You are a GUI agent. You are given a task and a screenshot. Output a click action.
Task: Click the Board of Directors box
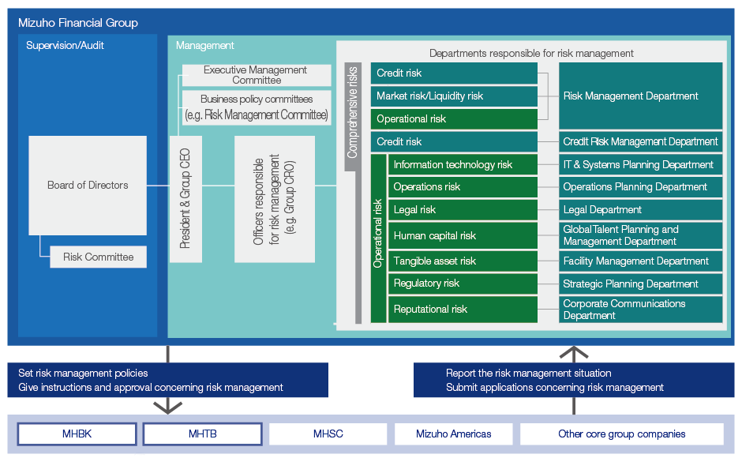coord(88,186)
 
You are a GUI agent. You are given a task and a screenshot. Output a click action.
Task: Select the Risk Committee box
coord(99,257)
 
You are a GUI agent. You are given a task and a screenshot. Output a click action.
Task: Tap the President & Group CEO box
coord(185,199)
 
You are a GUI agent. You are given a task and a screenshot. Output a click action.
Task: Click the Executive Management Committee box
coord(256,75)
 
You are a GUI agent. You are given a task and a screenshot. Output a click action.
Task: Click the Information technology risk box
coord(463,165)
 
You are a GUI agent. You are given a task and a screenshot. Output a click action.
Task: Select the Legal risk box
coord(463,210)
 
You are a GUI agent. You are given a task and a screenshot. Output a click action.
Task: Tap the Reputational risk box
coord(463,310)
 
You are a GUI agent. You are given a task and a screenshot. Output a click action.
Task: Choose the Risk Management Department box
coord(640,96)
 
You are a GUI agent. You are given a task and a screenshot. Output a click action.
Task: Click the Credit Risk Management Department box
coord(640,142)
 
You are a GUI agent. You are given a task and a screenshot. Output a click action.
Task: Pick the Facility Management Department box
coord(640,261)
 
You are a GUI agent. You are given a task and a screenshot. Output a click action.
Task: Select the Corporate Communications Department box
coord(640,310)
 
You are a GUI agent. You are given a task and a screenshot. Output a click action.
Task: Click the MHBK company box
coord(77,434)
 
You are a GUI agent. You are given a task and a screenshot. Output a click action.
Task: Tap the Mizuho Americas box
coord(453,434)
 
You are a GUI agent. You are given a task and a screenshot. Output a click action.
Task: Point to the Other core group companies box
coord(621,434)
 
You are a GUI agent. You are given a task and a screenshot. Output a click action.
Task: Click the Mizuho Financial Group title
coord(78,23)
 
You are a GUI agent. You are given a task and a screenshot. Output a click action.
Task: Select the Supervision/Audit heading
coord(65,46)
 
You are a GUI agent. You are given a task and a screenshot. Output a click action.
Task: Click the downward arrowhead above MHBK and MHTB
coord(167,405)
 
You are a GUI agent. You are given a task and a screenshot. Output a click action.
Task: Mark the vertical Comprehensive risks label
coord(353,111)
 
